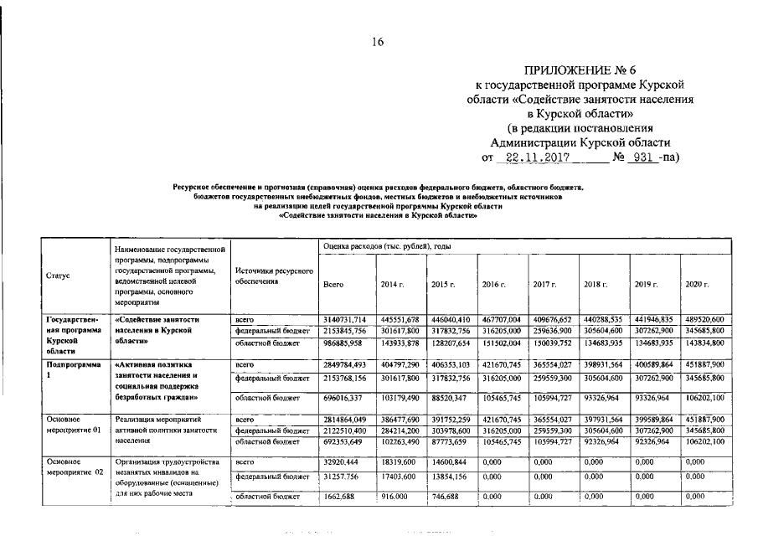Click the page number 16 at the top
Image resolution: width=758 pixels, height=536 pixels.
pos(379,42)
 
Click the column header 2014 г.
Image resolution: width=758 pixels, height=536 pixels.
pos(393,285)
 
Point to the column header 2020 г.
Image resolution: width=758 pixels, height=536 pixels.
pos(698,285)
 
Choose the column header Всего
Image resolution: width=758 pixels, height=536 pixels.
pos(333,285)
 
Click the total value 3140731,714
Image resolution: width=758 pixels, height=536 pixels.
pos(343,319)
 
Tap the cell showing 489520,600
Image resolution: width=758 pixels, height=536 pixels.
pos(704,319)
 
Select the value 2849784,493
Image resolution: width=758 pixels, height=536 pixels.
pos(343,365)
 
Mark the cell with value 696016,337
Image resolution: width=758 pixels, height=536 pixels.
pos(343,397)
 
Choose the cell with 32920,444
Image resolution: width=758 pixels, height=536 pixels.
pos(341,461)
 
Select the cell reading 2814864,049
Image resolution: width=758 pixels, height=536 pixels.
pos(343,418)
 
